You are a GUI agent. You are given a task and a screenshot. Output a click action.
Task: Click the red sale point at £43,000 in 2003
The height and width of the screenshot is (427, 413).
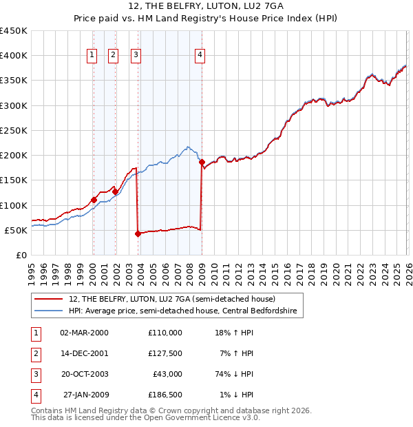(x=138, y=233)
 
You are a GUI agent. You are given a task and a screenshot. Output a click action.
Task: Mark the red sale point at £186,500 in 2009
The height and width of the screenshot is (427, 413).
(x=202, y=163)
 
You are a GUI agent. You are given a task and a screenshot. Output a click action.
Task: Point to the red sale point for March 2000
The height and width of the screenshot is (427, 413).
(x=94, y=200)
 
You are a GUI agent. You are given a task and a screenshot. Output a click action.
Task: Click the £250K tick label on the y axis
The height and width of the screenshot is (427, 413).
(x=14, y=130)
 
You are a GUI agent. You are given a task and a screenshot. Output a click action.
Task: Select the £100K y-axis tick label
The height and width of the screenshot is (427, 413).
(x=14, y=205)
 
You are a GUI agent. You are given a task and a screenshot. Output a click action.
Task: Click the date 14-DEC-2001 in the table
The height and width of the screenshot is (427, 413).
(x=84, y=353)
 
